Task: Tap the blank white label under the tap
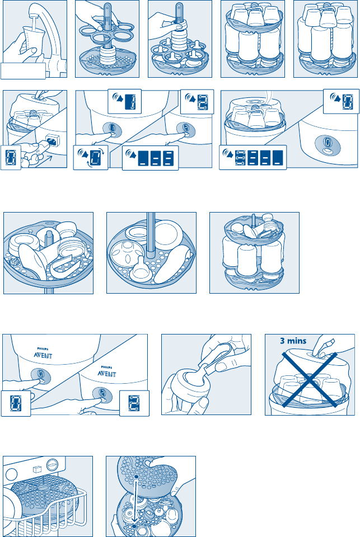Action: [23, 71]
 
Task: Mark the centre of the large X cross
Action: [308, 383]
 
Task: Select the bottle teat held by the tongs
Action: [188, 386]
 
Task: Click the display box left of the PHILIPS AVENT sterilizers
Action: [15, 403]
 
